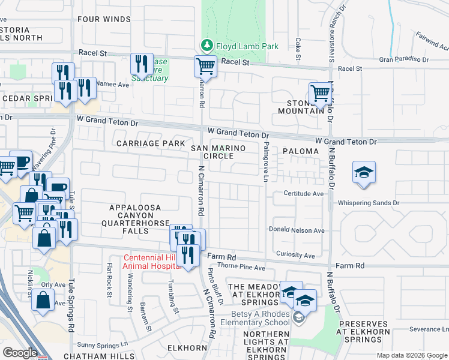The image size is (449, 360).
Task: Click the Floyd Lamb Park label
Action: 247,46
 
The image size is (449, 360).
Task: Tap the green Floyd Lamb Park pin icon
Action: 206,46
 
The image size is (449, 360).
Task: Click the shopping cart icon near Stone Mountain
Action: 321,94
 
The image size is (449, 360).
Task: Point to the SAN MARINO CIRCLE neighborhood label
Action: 212,152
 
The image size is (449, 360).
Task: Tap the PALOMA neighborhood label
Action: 297,152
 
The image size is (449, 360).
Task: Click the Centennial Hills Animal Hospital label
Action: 152,263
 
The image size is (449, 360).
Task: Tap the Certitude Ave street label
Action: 304,194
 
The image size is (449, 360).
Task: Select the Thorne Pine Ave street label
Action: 241,267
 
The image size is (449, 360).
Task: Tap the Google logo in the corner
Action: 20,353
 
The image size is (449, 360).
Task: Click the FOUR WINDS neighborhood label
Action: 104,19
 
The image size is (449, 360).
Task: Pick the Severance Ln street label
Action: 429,329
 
